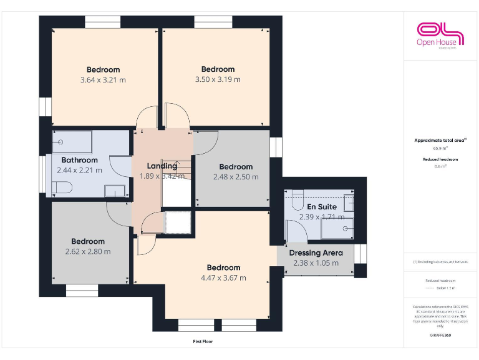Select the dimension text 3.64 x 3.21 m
coord(103,80)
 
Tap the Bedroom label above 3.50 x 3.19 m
coord(218,69)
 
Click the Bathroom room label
coord(79,160)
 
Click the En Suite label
coord(321,206)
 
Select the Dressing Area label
coord(316,253)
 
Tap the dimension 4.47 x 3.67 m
coord(223,278)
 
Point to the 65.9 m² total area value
coord(440,149)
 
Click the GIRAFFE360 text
coord(440,336)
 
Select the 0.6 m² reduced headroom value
coord(440,166)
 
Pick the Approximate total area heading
coord(439,141)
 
